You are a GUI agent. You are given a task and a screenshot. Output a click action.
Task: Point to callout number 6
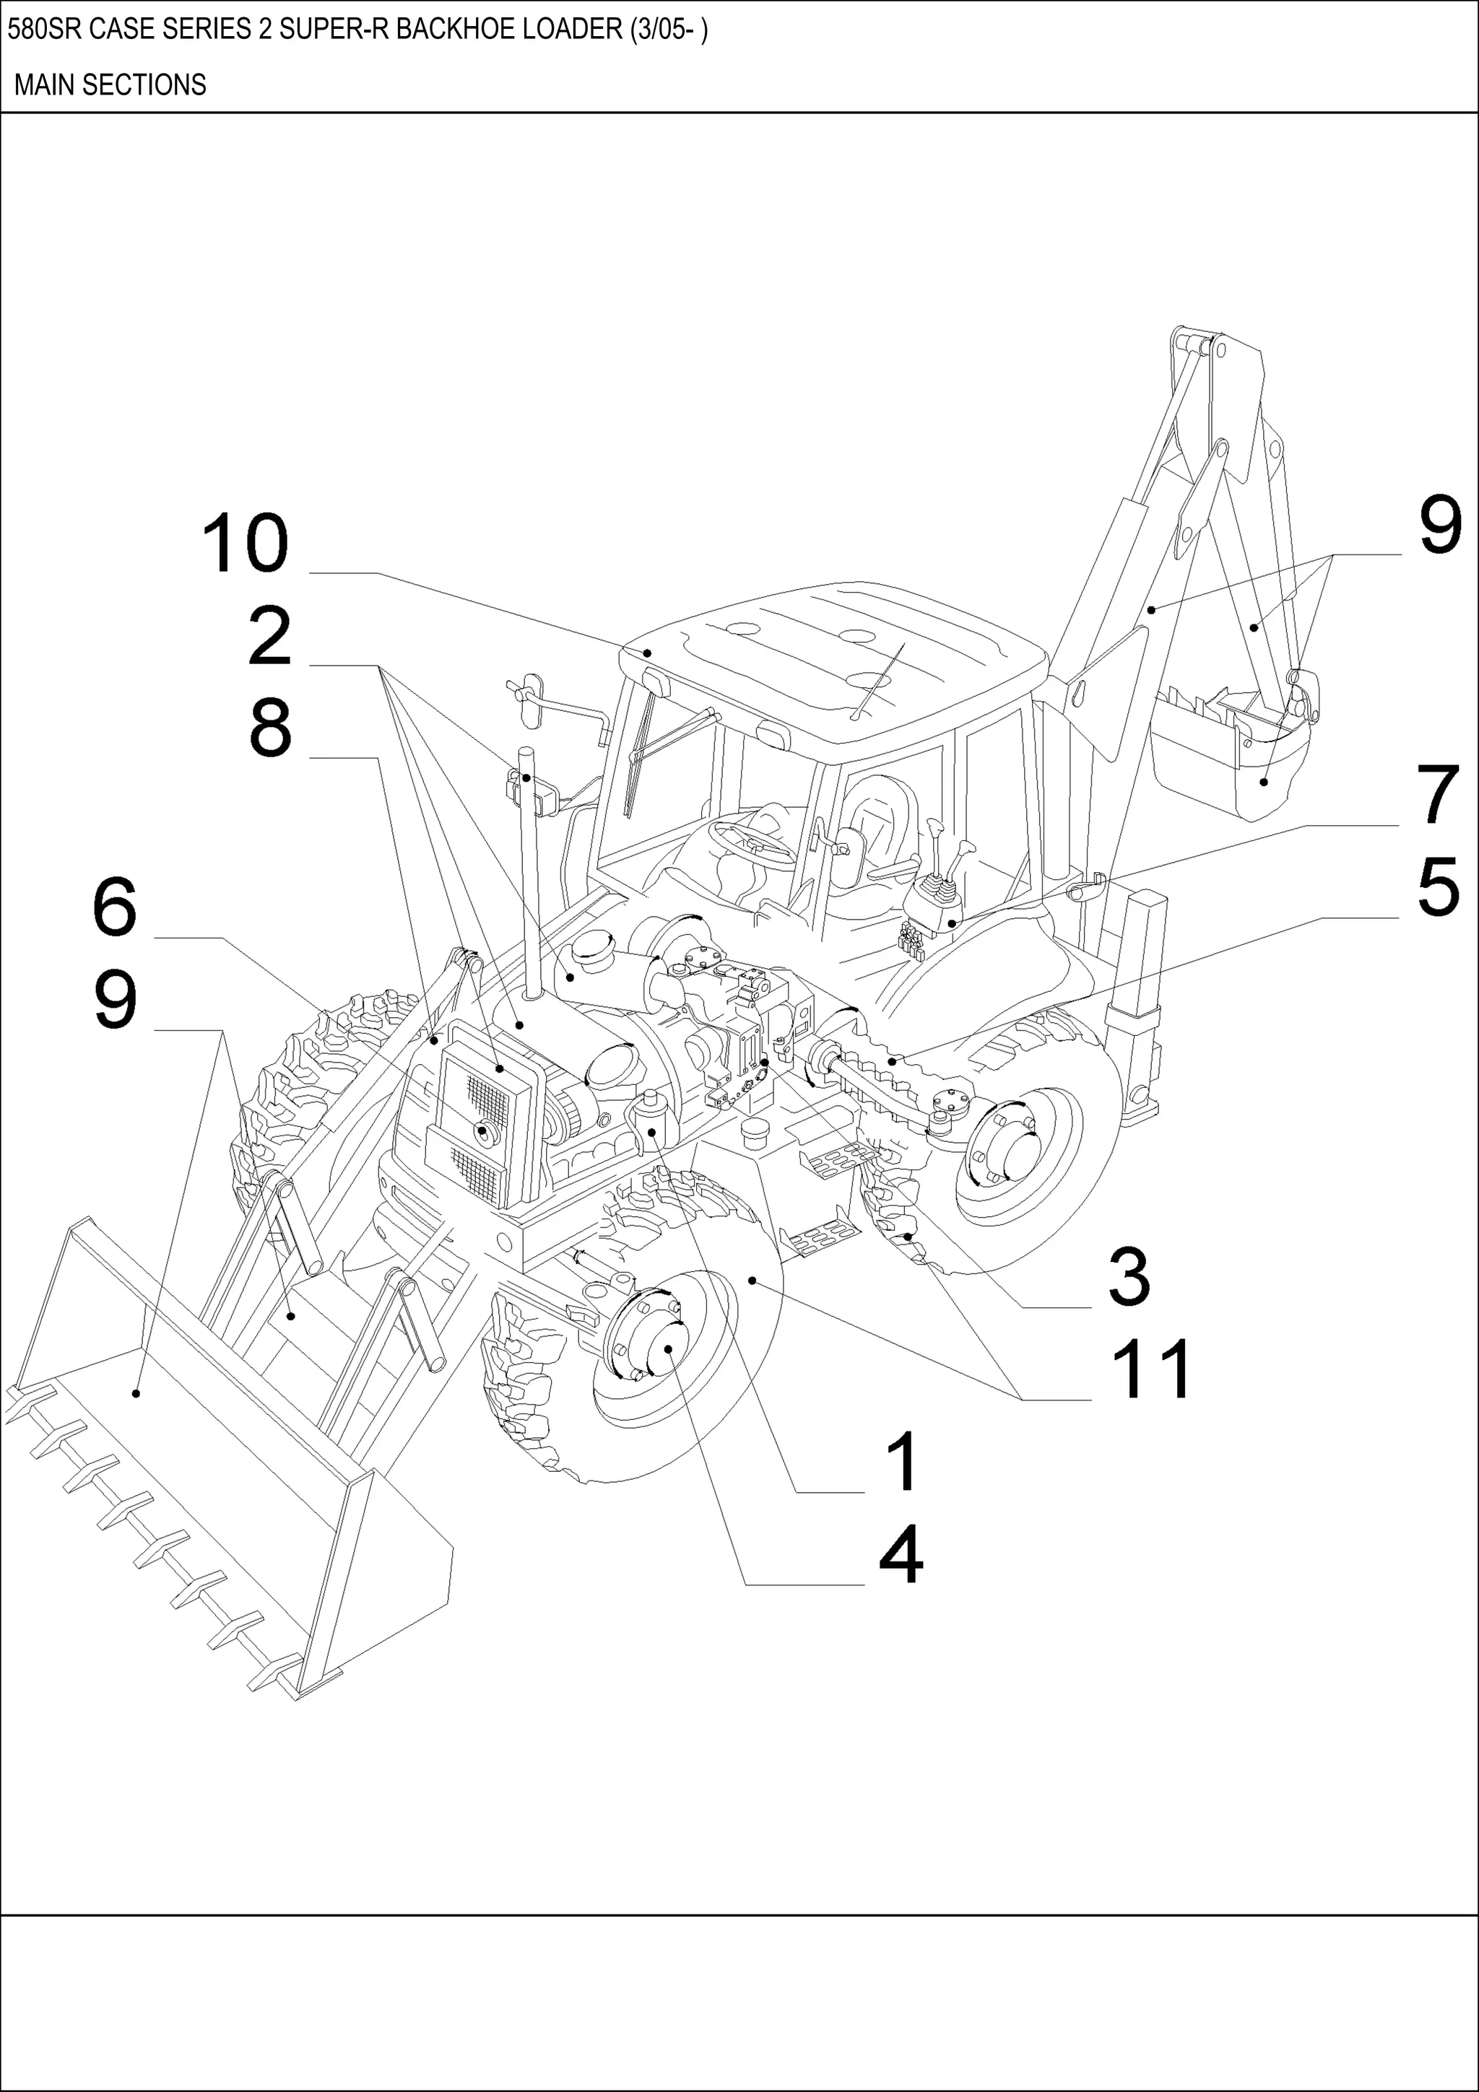point(115,907)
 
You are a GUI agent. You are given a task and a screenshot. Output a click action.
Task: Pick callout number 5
point(1438,886)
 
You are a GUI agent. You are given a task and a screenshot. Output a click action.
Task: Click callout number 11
point(1151,1369)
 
